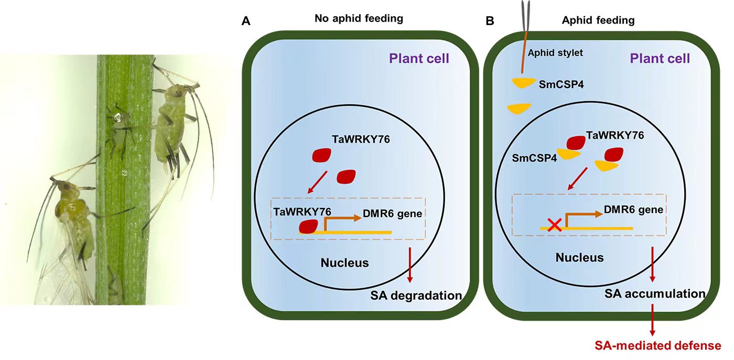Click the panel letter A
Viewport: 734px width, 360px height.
coord(245,22)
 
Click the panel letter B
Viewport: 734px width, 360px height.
coord(490,22)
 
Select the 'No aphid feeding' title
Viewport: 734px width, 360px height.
coord(359,19)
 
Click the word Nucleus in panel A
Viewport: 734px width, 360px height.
coord(344,263)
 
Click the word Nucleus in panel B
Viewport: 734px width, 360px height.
coord(579,257)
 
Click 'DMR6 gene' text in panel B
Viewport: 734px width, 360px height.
coord(633,209)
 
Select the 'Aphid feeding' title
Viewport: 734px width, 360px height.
coord(598,20)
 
